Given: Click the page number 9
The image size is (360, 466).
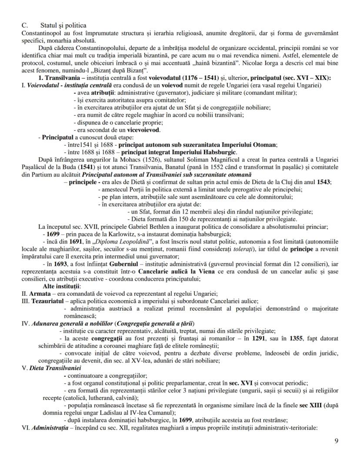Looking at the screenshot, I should coord(336,441).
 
